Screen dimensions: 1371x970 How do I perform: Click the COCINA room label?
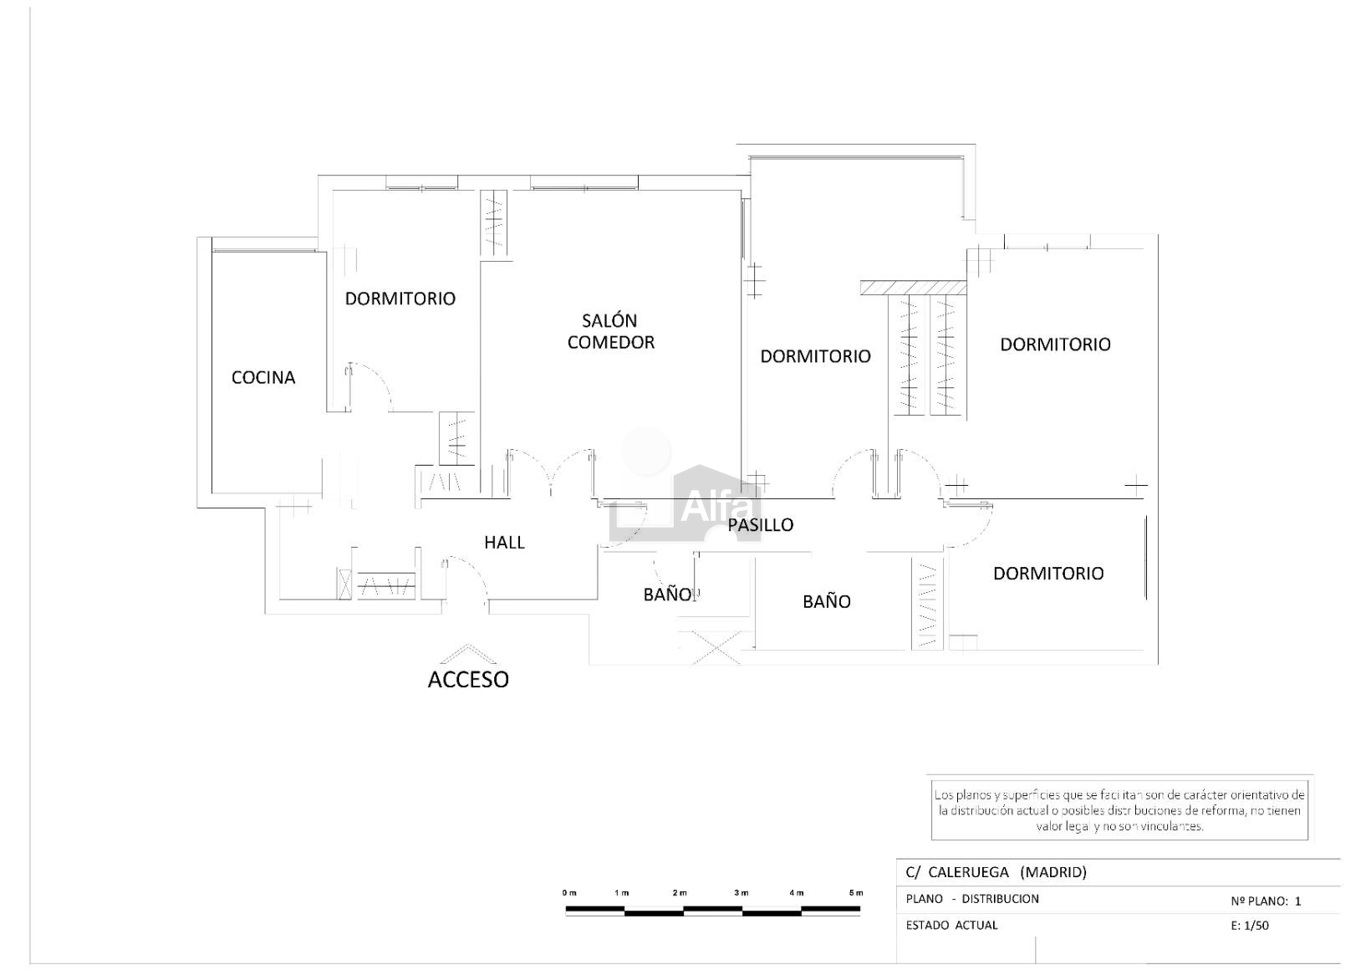click(x=263, y=377)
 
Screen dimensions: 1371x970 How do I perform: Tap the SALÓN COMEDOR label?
click(x=611, y=331)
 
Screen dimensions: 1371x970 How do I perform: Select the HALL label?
click(x=504, y=542)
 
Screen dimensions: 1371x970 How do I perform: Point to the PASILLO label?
click(x=760, y=525)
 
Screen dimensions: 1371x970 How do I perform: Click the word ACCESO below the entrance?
click(x=468, y=680)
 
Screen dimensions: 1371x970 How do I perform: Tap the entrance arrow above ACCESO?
click(x=468, y=653)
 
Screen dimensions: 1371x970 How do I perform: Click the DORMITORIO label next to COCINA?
click(x=400, y=299)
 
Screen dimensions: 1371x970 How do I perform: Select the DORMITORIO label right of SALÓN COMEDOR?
click(x=815, y=355)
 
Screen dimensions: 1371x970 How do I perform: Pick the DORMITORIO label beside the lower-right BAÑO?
click(x=1048, y=573)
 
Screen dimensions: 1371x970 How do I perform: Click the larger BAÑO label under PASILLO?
click(x=826, y=601)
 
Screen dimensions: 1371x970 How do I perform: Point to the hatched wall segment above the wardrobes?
click(x=913, y=288)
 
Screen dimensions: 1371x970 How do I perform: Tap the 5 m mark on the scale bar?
click(x=856, y=893)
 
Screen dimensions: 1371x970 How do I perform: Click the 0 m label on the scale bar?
click(x=569, y=893)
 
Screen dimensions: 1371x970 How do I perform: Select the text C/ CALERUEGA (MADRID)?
click(x=996, y=872)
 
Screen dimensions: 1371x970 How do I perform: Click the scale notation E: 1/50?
click(x=1250, y=926)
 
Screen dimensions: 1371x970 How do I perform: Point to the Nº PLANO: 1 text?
click(x=1266, y=901)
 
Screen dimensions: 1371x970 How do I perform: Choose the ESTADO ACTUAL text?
click(x=951, y=925)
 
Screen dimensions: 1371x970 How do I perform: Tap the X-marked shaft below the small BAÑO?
click(x=716, y=648)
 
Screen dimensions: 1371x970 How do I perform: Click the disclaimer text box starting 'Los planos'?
click(x=1119, y=809)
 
